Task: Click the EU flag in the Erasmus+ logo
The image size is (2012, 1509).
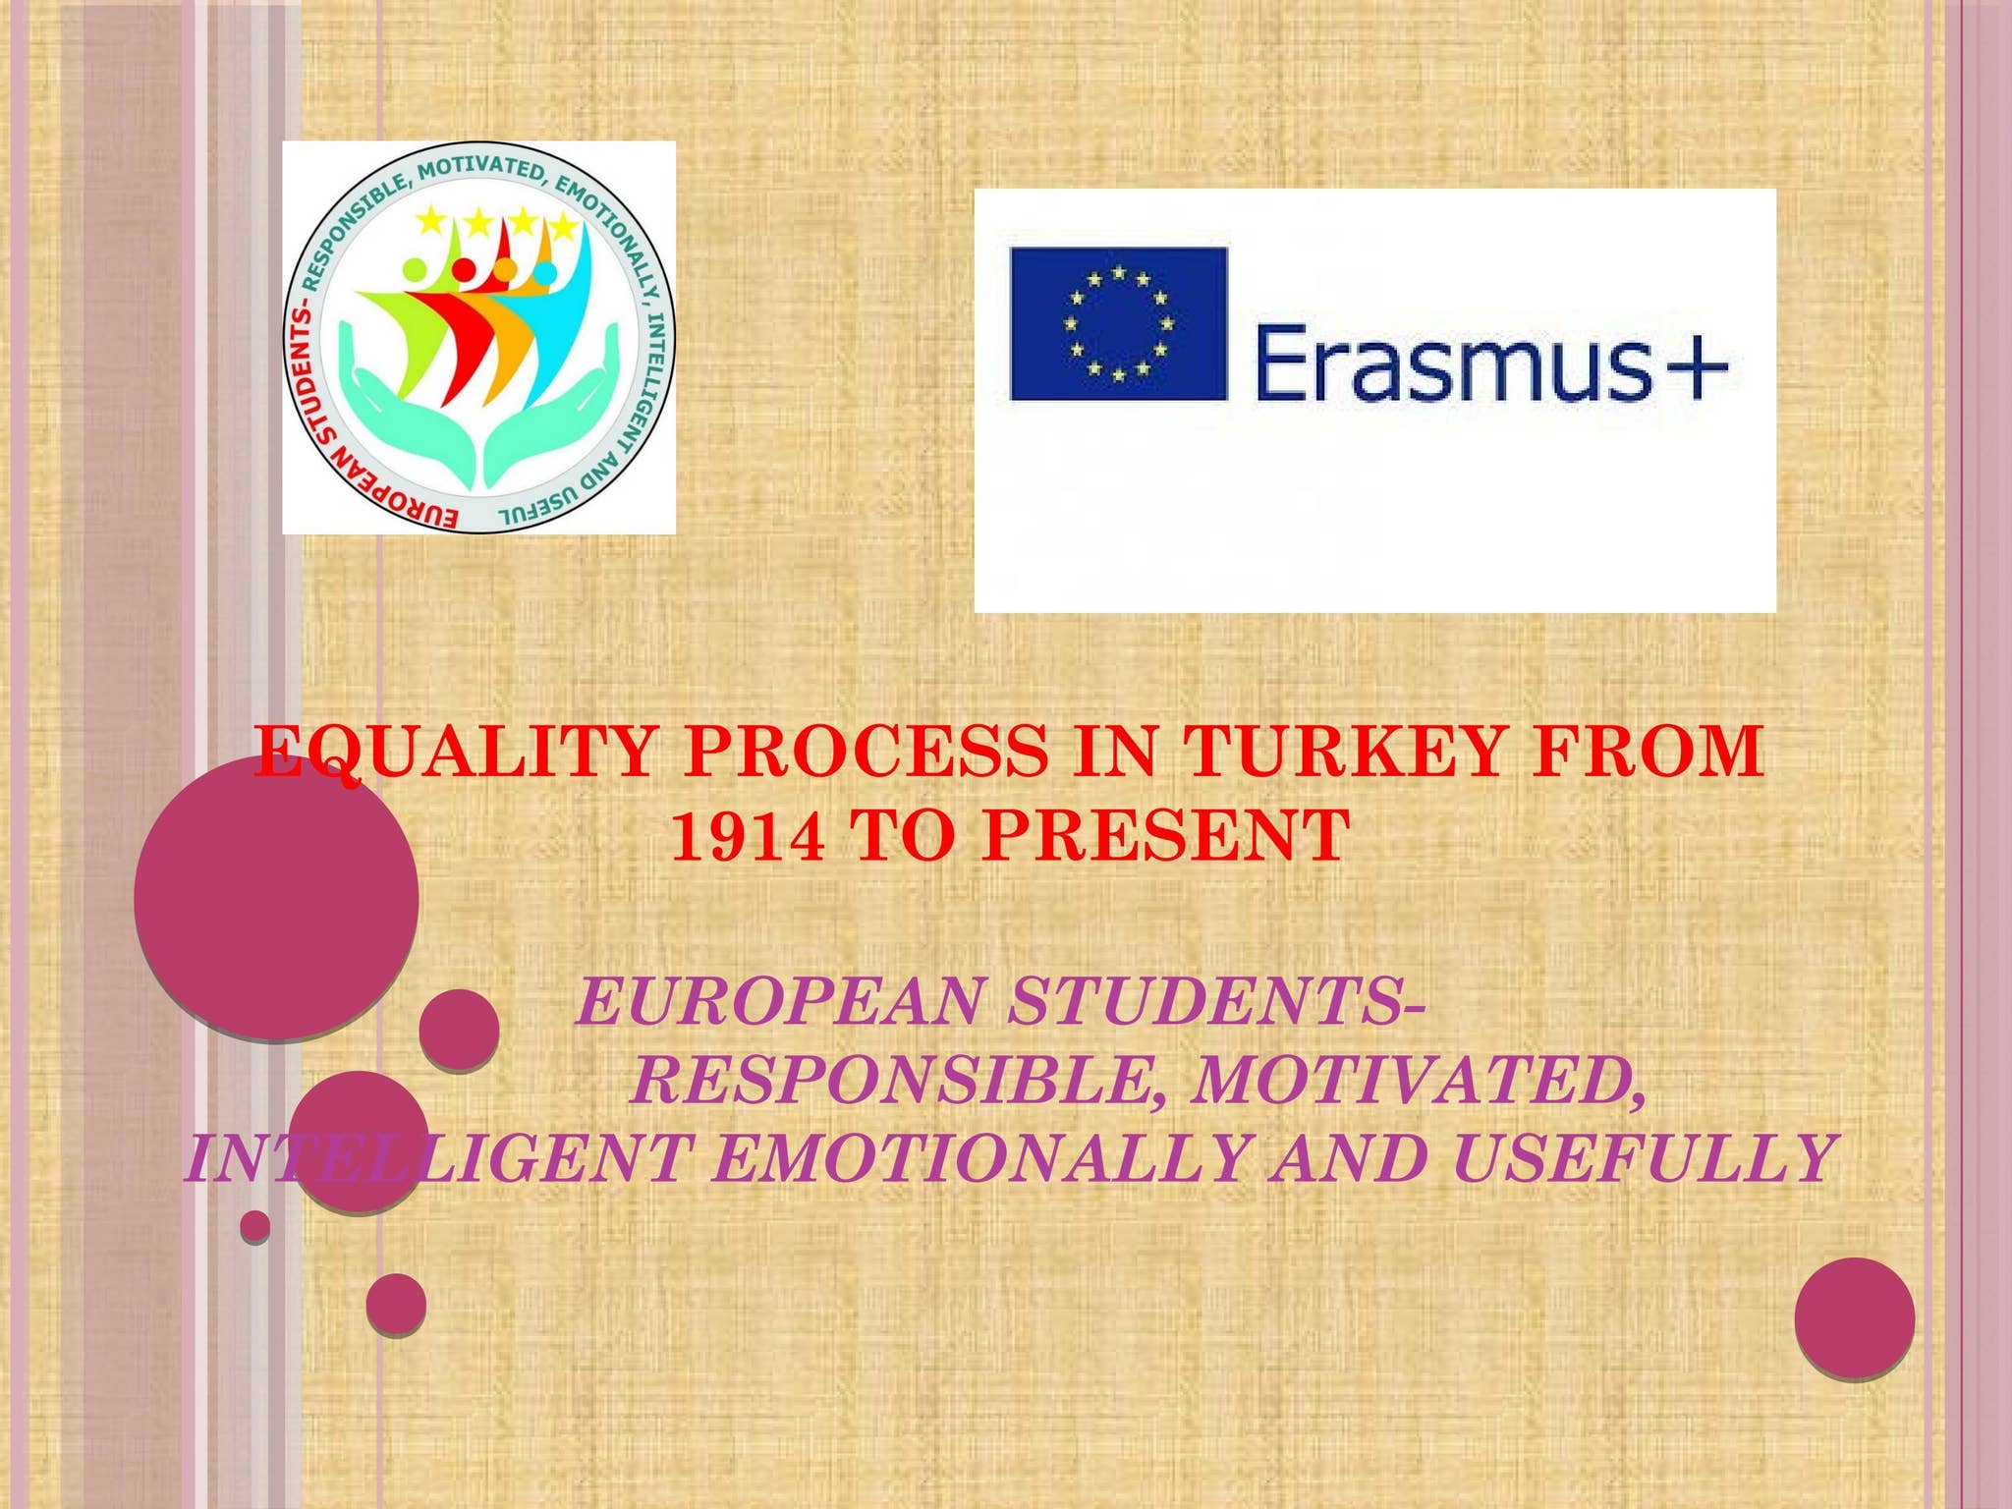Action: pos(1118,324)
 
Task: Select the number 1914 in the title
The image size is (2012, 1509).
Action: pos(747,836)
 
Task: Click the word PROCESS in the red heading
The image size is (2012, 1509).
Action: pos(866,753)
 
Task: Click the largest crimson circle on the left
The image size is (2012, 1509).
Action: pos(276,896)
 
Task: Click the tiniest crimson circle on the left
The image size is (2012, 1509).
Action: pos(254,1225)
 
